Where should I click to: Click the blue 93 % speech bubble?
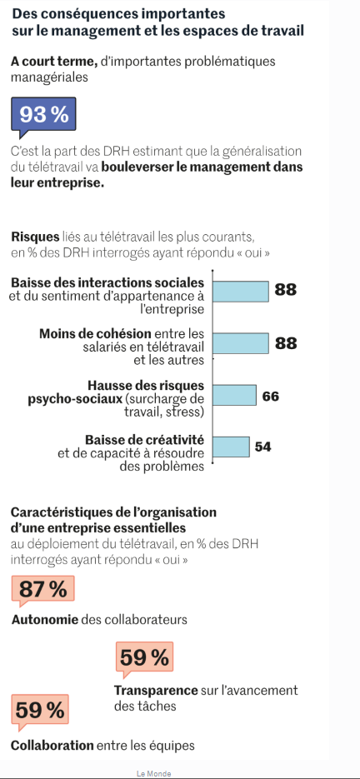pos(43,115)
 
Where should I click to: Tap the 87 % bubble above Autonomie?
pos(42,590)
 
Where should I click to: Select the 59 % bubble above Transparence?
pos(144,658)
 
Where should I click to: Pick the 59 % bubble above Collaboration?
pos(40,711)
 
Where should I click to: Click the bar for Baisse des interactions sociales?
pos(241,291)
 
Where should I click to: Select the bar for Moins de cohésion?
pos(241,342)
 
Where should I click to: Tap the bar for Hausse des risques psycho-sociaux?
pos(234,395)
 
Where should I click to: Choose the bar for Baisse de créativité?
pos(231,447)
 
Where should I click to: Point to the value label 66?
pos(271,396)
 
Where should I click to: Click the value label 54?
pos(263,447)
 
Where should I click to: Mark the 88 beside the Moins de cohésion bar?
pos(286,343)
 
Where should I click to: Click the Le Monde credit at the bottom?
pos(153,773)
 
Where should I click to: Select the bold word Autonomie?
pos(45,620)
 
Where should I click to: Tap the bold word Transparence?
pos(156,690)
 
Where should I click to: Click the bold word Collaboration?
pos(52,745)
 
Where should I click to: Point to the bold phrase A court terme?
pos(53,62)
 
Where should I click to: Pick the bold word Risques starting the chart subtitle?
pos(35,236)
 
